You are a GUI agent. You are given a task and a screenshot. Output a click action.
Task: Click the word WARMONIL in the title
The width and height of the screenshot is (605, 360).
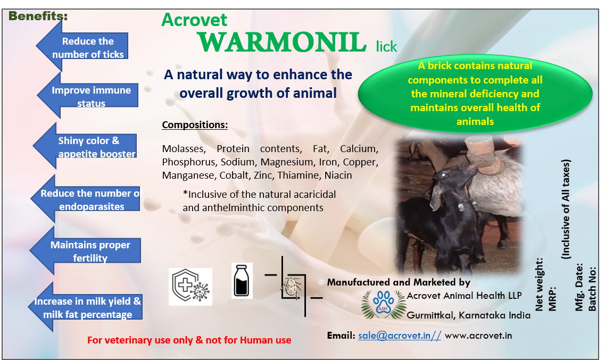click(282, 42)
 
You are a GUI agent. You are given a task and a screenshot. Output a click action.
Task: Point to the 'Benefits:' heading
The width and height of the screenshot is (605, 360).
click(38, 16)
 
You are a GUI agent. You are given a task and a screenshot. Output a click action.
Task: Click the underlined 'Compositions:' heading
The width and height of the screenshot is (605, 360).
click(195, 125)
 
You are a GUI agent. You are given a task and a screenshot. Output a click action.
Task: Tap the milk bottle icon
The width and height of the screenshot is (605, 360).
click(242, 281)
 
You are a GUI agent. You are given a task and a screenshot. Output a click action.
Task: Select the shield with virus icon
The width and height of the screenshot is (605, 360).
click(190, 287)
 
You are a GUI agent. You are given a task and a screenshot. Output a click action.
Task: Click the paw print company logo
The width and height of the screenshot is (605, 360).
click(384, 304)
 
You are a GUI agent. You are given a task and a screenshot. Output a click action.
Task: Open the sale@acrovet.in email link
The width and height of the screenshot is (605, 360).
click(400, 336)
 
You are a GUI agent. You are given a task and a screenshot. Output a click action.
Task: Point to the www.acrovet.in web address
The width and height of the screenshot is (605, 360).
click(478, 336)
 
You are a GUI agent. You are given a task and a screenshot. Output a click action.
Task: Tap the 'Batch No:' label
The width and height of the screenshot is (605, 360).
click(592, 289)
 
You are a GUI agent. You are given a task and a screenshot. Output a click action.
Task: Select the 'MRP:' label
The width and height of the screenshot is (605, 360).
click(552, 298)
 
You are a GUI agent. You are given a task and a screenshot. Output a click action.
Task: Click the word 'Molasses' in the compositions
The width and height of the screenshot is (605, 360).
click(184, 149)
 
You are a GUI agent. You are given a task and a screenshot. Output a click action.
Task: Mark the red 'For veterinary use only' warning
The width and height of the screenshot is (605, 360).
click(189, 340)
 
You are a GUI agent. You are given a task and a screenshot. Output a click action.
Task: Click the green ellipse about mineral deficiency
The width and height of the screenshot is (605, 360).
click(475, 94)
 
